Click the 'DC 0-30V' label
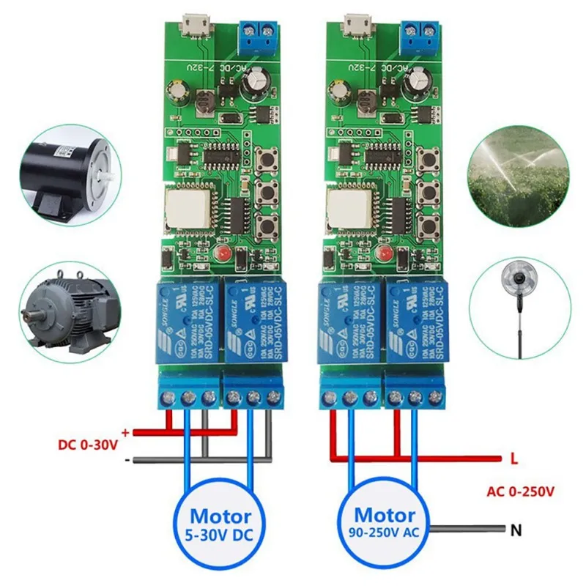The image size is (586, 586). point(86,444)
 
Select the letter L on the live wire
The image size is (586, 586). point(514,460)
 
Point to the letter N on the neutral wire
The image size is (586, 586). point(516,528)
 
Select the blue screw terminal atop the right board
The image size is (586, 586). point(421,35)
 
